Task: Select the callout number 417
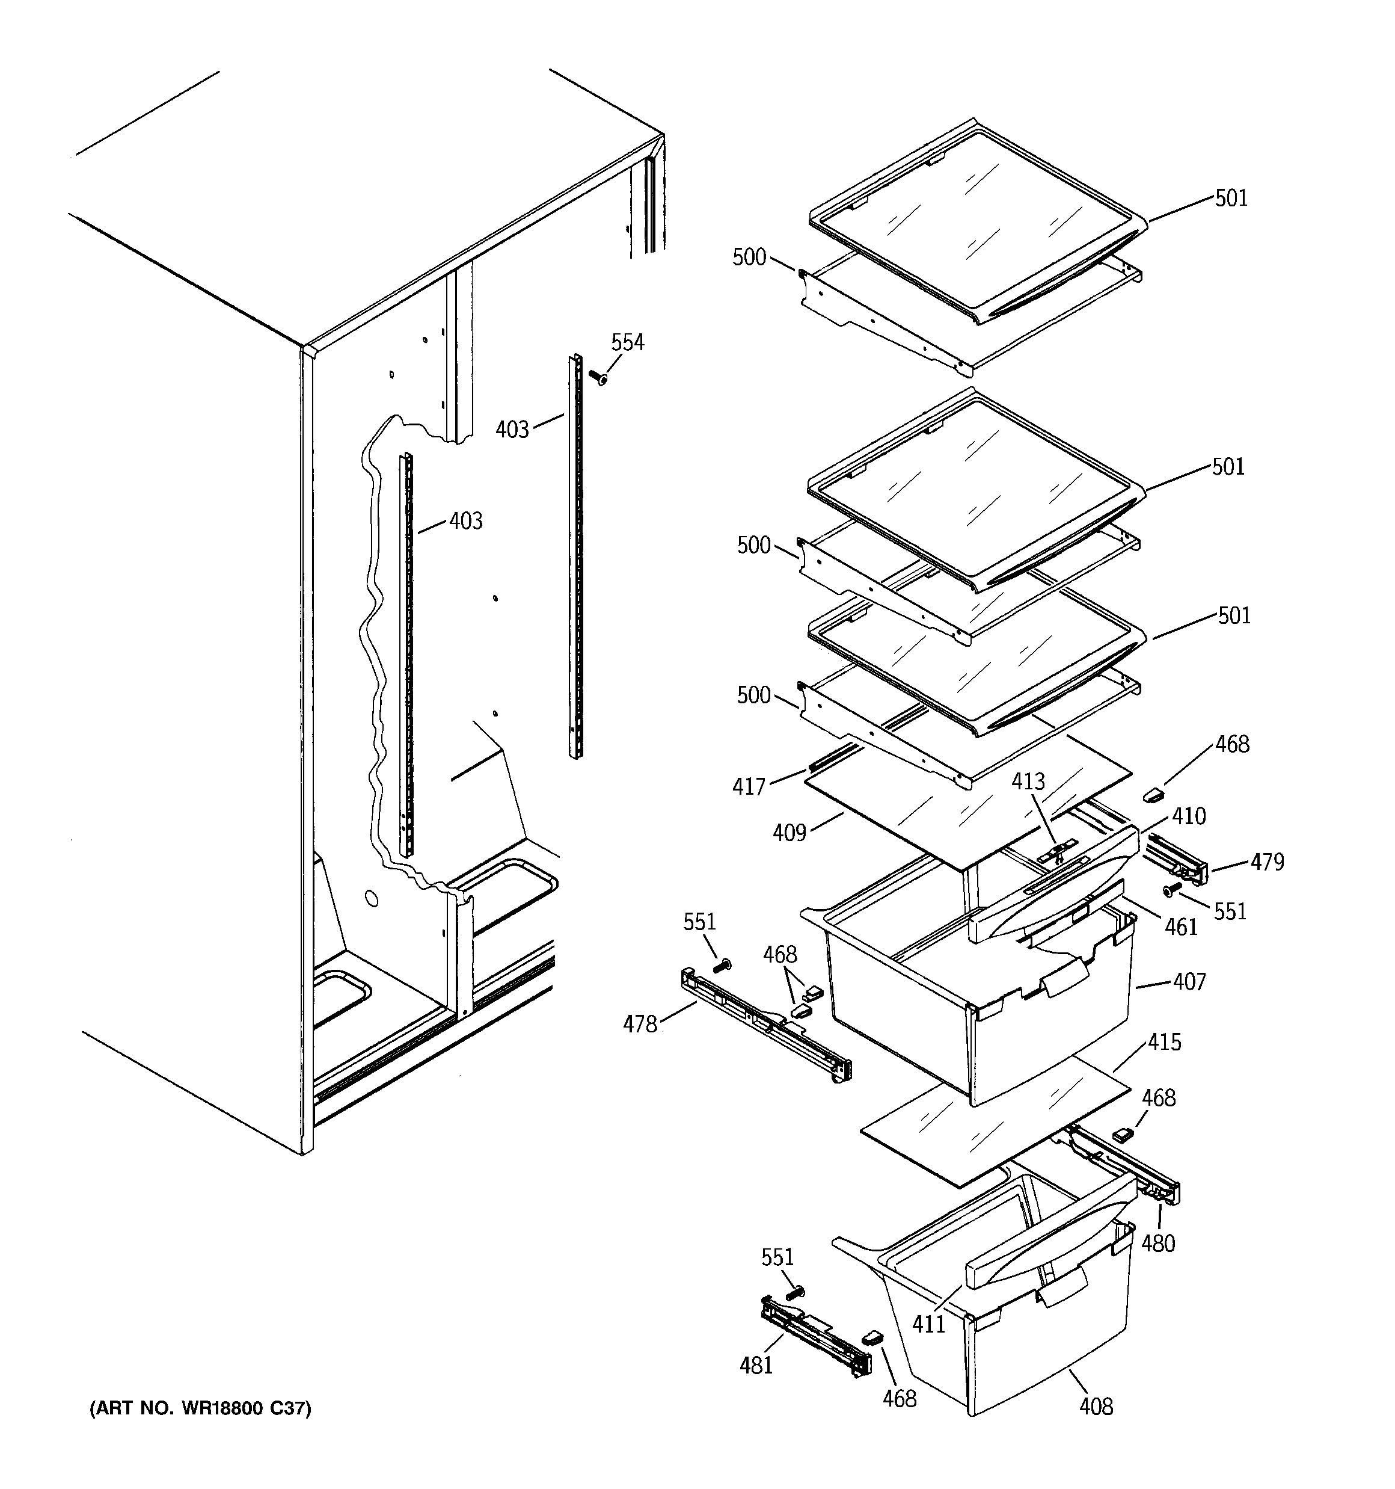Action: (749, 786)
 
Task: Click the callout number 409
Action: (789, 832)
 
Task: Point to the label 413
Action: (1028, 782)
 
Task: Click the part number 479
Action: (1267, 863)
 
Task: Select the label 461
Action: (1181, 927)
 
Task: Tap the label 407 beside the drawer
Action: (1189, 981)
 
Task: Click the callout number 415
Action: (1164, 1042)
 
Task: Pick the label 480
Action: (1157, 1244)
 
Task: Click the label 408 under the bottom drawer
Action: (1096, 1407)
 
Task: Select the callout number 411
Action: (928, 1324)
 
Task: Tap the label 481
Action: (756, 1366)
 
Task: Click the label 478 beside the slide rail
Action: (640, 1024)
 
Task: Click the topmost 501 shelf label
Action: (1231, 199)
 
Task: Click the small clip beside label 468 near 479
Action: (1151, 795)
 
